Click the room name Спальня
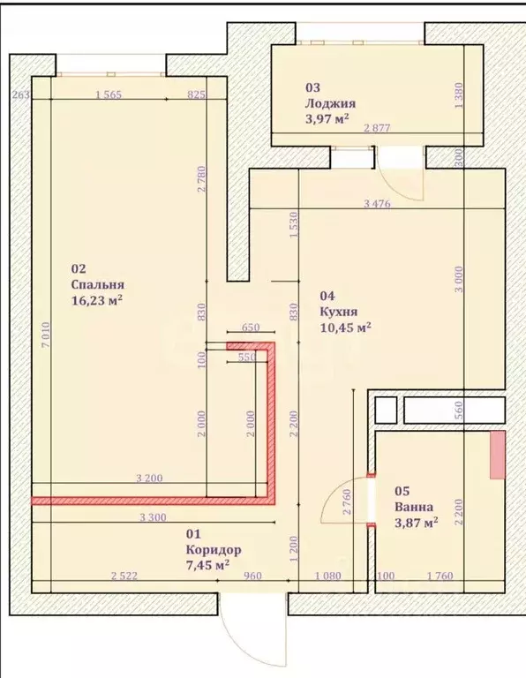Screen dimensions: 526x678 tap(98, 284)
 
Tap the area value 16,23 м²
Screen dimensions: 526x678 tap(97, 300)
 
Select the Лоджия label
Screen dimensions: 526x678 tap(331, 103)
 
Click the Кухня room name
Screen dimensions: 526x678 tap(339, 312)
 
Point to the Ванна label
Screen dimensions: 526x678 tap(414, 507)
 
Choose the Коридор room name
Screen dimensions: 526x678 tap(214, 550)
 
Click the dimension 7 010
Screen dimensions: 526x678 tap(46, 334)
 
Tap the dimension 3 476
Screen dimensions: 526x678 tap(377, 203)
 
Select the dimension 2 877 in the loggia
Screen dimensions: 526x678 tap(377, 128)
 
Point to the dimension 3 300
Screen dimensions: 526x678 tap(153, 517)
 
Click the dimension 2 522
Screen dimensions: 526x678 tap(124, 576)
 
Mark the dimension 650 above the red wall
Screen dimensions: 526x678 tap(251, 328)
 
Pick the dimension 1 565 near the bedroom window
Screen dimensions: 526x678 tap(109, 94)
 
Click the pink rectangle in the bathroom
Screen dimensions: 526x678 tap(498, 455)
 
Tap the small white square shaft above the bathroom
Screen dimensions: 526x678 tap(386, 410)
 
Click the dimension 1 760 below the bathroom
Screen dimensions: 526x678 tap(440, 576)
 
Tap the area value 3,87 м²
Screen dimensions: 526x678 tap(417, 523)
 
